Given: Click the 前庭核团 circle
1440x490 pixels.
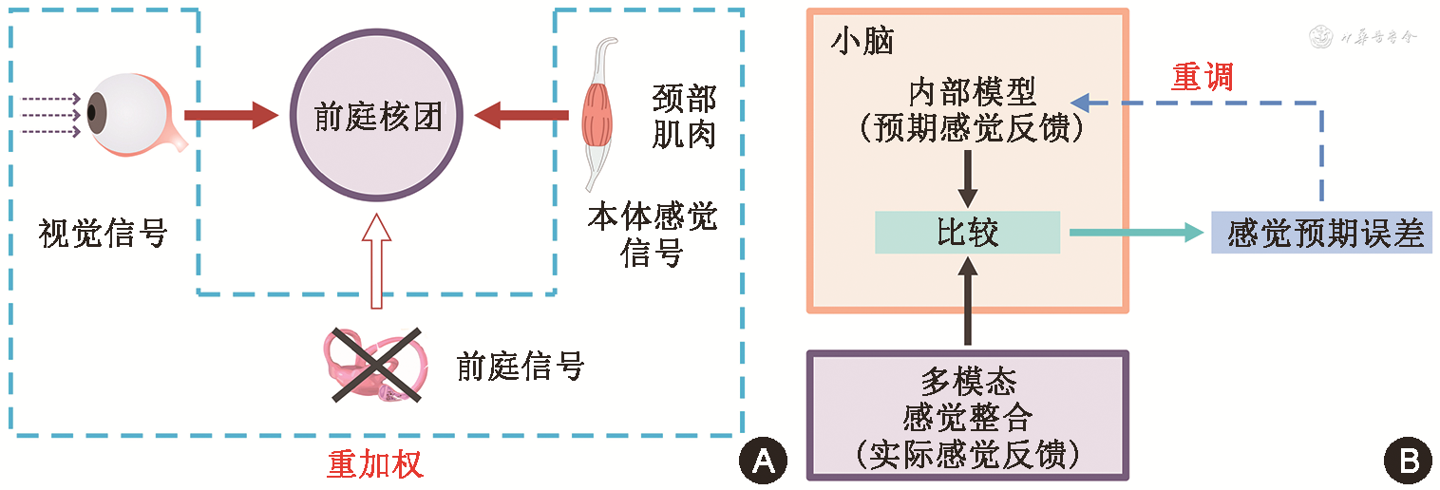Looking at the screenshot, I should click(378, 118).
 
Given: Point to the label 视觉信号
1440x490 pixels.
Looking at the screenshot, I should click(103, 233).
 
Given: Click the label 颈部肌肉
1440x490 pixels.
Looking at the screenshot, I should click(684, 116).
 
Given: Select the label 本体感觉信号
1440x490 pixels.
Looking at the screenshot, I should click(652, 236).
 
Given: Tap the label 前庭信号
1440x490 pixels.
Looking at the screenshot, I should click(520, 366).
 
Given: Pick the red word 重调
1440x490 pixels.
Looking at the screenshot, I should click(1202, 76).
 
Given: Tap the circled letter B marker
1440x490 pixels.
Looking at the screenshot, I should click(1409, 461).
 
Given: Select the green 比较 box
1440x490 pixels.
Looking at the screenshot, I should click(967, 233).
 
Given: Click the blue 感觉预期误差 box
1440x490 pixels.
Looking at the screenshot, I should click(1323, 233).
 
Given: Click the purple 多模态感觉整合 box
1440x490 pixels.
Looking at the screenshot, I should click(968, 415).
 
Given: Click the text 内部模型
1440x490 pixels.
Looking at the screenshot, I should click(968, 92).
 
